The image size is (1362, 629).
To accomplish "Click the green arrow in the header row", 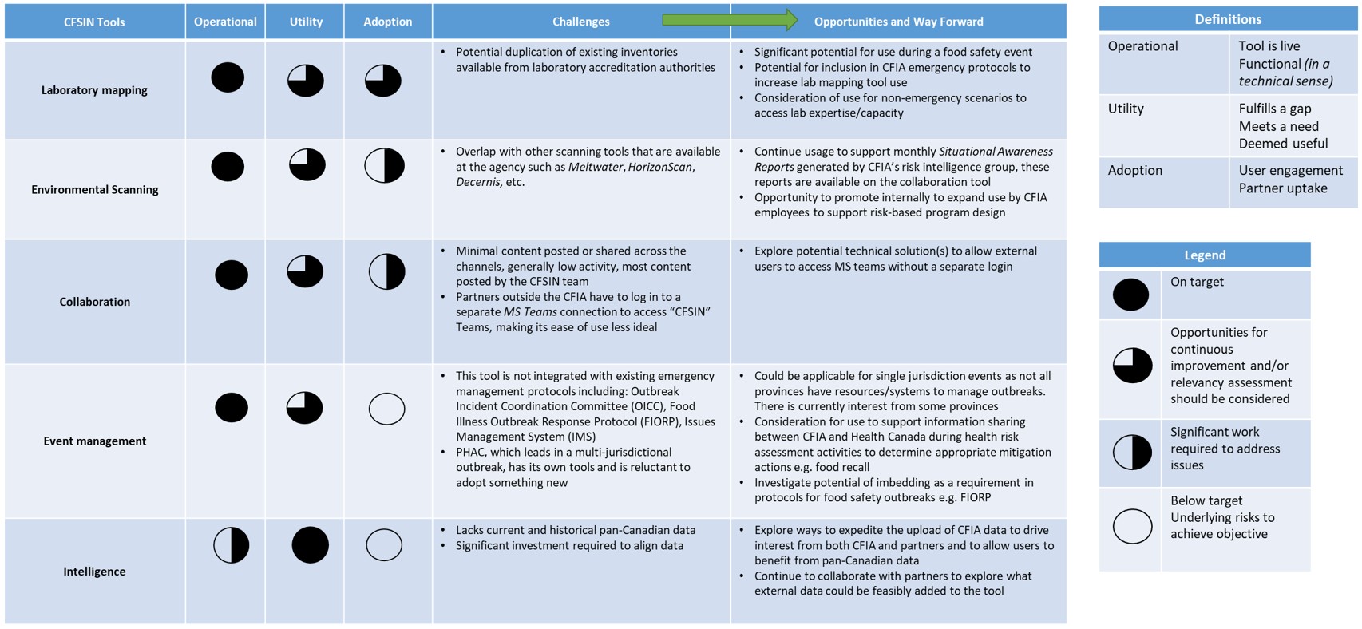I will (x=729, y=20).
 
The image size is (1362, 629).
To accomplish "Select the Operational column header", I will (x=225, y=22).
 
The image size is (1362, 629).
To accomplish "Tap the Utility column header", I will (x=306, y=22).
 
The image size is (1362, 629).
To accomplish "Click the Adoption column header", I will (x=388, y=22).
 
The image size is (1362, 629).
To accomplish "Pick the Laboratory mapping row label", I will (x=94, y=90).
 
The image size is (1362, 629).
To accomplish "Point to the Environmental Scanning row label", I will (x=94, y=189).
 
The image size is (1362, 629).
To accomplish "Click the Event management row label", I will (x=94, y=441).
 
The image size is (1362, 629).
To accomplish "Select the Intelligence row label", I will (x=94, y=572).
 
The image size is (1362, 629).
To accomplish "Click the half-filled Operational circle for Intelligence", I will (x=232, y=546).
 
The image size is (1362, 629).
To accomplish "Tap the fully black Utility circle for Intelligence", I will (x=310, y=546).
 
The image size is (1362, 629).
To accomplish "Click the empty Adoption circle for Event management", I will (x=386, y=409).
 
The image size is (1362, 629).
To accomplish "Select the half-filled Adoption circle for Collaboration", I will (x=386, y=271).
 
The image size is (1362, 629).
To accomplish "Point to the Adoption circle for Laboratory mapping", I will (x=383, y=81).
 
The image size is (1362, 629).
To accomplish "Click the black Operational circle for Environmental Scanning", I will (x=228, y=167).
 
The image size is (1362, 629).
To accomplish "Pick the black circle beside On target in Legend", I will (x=1130, y=295).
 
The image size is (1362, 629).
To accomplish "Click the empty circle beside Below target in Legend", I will (x=1132, y=527).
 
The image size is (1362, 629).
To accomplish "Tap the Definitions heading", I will (x=1227, y=19).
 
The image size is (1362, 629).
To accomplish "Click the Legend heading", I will (x=1204, y=255).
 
